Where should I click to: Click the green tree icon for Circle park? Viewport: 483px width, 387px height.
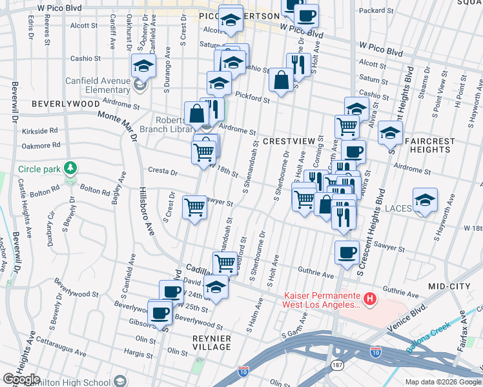[70, 169]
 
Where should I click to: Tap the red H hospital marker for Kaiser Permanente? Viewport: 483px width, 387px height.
[369, 299]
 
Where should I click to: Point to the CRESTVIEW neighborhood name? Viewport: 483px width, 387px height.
[287, 141]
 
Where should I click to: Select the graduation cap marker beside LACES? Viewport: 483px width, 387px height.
[425, 201]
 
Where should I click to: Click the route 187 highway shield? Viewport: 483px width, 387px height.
[337, 365]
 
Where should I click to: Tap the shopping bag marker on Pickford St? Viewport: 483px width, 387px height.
[281, 81]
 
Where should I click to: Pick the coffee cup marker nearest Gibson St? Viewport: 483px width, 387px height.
[159, 313]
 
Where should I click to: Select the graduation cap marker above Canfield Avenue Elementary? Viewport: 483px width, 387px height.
[144, 65]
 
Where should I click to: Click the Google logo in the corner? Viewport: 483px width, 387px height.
[21, 379]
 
